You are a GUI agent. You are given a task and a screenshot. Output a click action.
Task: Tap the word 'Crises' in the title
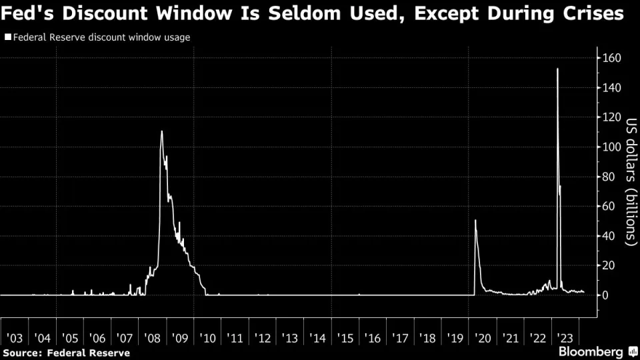595,14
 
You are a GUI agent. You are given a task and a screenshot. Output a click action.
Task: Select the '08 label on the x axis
151,338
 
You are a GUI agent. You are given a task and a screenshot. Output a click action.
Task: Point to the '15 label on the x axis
343,338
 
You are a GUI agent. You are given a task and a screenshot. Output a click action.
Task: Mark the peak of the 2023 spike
557,69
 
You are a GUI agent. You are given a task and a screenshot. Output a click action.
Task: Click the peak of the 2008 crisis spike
161,131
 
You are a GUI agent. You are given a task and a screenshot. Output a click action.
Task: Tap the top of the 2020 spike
475,220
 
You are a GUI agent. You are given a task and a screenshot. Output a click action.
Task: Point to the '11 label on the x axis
234,338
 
